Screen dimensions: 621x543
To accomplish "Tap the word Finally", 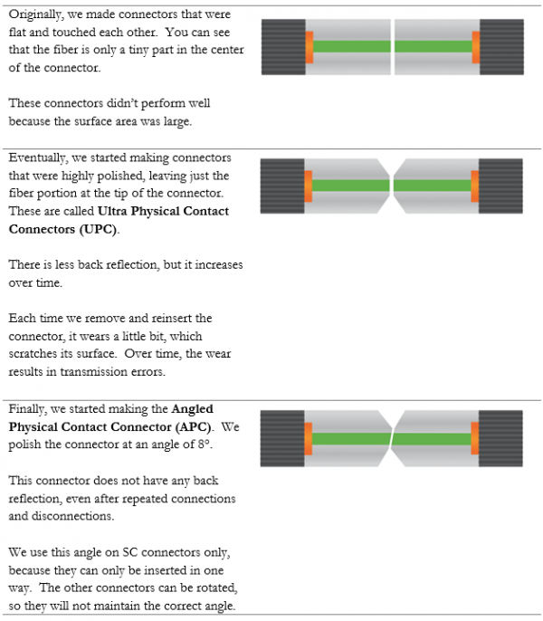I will click(29, 410).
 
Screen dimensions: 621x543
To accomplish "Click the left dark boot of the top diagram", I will click(281, 46).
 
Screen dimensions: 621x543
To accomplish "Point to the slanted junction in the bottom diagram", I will click(392, 438).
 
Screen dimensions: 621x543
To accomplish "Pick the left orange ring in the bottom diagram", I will click(309, 438).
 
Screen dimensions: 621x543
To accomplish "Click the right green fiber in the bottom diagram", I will click(433, 438).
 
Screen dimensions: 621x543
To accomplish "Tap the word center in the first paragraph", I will click(208, 51).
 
